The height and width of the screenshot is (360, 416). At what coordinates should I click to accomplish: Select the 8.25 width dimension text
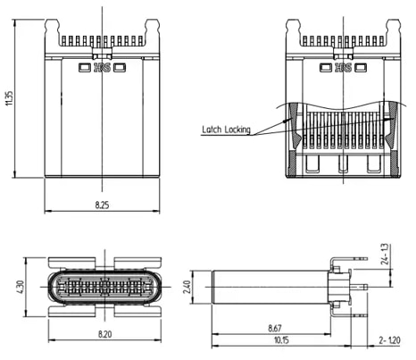[104, 205]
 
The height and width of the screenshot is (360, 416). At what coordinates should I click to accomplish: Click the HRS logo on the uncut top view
[104, 67]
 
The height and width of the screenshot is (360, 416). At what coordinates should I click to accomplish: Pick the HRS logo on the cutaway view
[342, 67]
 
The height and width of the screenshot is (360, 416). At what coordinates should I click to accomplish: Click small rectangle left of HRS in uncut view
[85, 67]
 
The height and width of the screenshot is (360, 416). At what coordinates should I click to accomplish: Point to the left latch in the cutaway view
[295, 116]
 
